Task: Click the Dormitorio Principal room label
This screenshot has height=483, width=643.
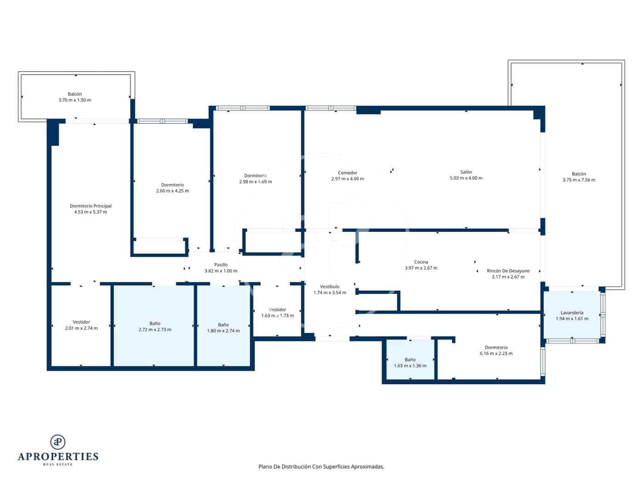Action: click(x=90, y=206)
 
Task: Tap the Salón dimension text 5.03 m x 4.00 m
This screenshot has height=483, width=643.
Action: click(x=466, y=178)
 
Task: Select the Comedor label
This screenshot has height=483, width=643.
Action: click(x=347, y=173)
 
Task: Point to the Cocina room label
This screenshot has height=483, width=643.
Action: click(x=421, y=262)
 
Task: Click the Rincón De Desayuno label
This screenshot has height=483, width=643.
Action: click(x=508, y=271)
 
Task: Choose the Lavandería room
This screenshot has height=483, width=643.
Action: click(x=572, y=316)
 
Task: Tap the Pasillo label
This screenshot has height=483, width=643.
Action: click(x=221, y=265)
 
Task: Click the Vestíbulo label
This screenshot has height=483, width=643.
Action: click(x=330, y=287)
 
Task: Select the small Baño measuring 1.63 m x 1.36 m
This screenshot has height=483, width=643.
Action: click(x=410, y=363)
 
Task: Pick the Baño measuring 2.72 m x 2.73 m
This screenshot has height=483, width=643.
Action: click(x=155, y=327)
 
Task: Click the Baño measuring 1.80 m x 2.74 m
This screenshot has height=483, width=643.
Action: click(x=223, y=328)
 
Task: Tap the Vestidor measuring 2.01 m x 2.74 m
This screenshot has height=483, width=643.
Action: click(x=81, y=325)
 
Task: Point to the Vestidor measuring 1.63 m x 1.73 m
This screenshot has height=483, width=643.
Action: click(x=277, y=313)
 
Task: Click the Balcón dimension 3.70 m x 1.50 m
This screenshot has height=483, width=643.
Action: click(x=75, y=100)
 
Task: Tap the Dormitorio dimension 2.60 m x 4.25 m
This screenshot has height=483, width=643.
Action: click(x=172, y=191)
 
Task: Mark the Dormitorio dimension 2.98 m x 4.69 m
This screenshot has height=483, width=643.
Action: click(x=255, y=182)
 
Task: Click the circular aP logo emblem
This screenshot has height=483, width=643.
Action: click(x=58, y=442)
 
